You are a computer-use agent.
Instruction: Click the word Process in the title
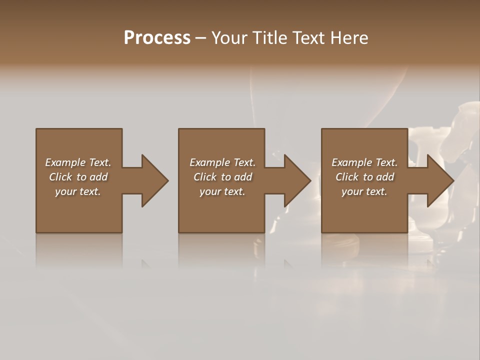pyautogui.click(x=157, y=38)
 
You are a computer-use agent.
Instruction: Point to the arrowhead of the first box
pyautogui.click(x=154, y=180)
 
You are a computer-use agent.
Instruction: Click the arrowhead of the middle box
pyautogui.click(x=297, y=180)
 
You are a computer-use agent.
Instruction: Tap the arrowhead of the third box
pyautogui.click(x=440, y=180)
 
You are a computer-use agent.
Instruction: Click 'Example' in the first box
pyautogui.click(x=65, y=162)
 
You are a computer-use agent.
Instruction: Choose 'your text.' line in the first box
pyautogui.click(x=78, y=191)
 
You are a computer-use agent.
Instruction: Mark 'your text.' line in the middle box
pyautogui.click(x=222, y=191)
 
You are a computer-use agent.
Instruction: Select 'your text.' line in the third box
pyautogui.click(x=364, y=191)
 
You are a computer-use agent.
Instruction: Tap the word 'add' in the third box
pyautogui.click(x=385, y=177)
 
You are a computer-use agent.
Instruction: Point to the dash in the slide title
pyautogui.click(x=200, y=38)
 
